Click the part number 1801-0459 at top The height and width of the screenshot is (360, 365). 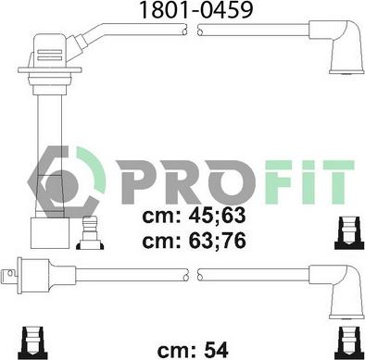point(196,10)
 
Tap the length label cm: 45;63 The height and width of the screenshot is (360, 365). point(194,216)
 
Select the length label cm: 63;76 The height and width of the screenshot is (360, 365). point(194,241)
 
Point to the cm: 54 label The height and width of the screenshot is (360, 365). point(193,350)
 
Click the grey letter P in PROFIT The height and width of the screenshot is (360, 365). point(136,182)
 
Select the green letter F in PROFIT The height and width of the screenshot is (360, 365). point(278,182)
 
